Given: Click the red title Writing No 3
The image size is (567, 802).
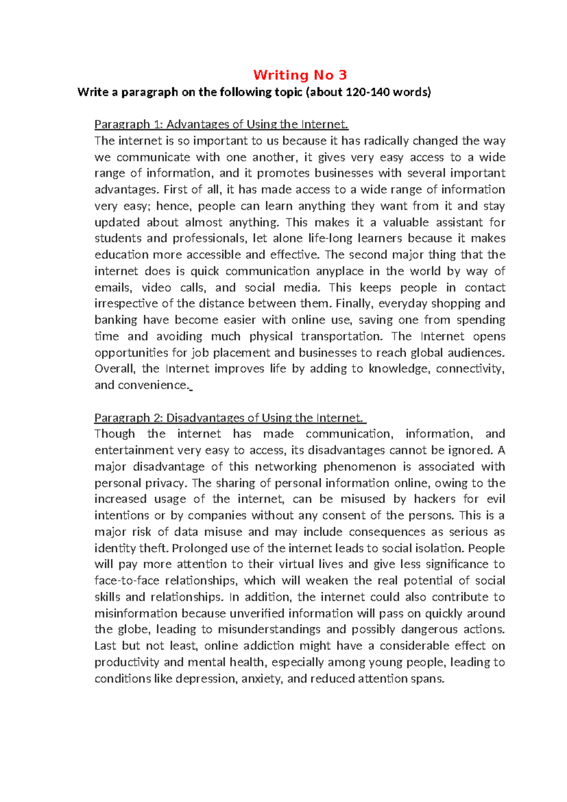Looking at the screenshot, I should pos(300,75).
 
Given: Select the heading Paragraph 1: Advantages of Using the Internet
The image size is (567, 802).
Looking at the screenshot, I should pos(221,124).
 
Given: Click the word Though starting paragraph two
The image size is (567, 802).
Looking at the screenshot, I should pos(114,434).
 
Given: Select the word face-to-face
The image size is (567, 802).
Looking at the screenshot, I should pos(127,581).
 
